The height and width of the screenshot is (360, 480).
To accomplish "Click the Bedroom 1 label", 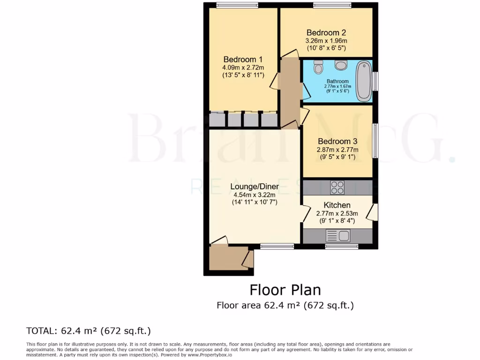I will pos(243,60).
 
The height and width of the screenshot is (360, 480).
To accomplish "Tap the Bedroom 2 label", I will pos(326,33).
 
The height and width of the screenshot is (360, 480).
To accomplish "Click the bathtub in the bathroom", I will pos(363,81).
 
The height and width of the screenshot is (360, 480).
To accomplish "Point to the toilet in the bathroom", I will pos(319,67).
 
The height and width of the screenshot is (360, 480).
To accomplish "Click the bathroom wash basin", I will pos(341,65).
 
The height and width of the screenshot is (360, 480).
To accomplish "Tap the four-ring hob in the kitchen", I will pos(337,187).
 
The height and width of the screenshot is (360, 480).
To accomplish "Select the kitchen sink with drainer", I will pos(337,236).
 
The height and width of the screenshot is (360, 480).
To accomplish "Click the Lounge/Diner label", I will pos(255,187).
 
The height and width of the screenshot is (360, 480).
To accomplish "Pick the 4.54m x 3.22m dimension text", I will pos(255,195).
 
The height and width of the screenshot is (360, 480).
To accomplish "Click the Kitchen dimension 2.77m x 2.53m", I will pos(337,213).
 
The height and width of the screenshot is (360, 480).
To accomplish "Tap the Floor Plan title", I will pos(285,289).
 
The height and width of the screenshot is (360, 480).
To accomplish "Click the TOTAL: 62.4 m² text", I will pos(89,331).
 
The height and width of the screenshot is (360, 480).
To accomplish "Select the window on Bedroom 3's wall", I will pos(375,141).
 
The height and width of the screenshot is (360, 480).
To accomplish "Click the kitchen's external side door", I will pos(371,212).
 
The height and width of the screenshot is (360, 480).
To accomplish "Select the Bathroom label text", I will pos(337,81).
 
